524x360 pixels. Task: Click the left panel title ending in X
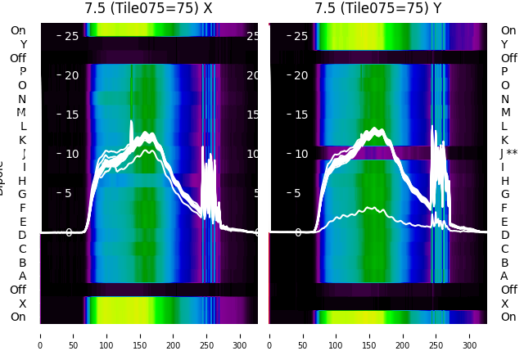click(148, 8)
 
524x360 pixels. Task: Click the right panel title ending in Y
click(378, 8)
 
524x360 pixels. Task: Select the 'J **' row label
click(512, 154)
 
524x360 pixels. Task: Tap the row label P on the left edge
click(23, 72)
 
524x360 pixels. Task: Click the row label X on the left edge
click(23, 304)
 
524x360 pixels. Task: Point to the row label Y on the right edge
click(505, 45)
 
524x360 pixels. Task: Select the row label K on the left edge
click(23, 140)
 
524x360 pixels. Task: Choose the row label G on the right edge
click(505, 195)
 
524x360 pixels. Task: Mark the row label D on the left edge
click(23, 236)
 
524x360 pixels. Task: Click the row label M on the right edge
click(506, 113)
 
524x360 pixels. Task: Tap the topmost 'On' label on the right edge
click(508, 31)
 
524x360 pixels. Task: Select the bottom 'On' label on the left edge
click(18, 317)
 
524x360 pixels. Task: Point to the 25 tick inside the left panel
click(71, 36)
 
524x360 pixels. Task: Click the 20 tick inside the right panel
click(301, 75)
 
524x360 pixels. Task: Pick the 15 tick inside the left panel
click(71, 115)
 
